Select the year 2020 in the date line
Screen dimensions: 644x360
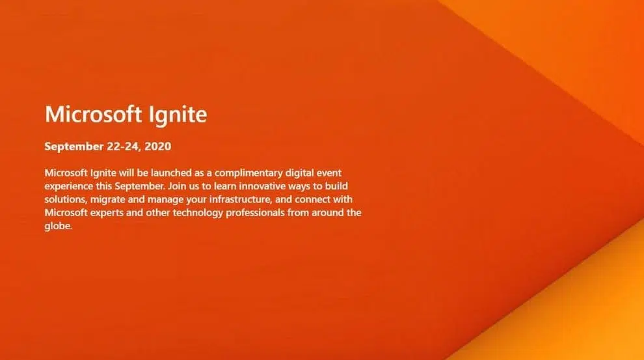[157, 146]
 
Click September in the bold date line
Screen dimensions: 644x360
[74, 147]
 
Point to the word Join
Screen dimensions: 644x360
[177, 186]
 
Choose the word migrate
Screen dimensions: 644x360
[107, 200]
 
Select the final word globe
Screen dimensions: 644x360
[58, 226]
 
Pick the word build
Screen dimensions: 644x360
[336, 186]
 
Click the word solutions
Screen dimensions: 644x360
[66, 199]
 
